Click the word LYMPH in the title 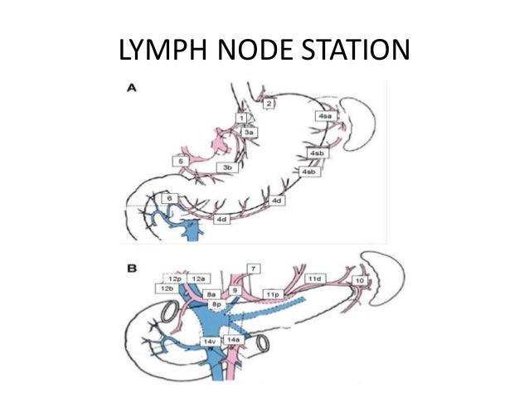pos(162,51)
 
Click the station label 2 pos(269,104)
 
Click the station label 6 pos(169,199)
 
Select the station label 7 pos(254,267)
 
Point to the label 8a pos(212,294)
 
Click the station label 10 pos(359,282)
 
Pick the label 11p pos(271,294)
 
